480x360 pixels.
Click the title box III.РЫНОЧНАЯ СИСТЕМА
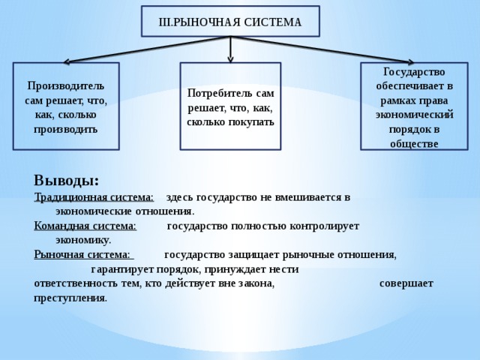(230, 21)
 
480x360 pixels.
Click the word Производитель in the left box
(66, 86)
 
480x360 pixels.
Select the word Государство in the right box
(414, 72)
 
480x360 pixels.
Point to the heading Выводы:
(67, 180)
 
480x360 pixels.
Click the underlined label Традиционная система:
(94, 197)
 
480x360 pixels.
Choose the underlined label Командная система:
(85, 226)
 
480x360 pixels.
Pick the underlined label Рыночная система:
(82, 255)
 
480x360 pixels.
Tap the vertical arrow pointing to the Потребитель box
(230, 49)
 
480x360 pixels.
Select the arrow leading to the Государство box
(322, 49)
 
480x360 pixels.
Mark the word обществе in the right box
(414, 144)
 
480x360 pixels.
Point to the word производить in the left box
(66, 130)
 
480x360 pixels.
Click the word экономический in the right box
(415, 115)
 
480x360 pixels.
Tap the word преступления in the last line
(70, 298)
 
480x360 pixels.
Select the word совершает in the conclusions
(406, 283)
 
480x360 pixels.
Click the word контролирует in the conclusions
(325, 226)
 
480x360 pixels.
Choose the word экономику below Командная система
(83, 241)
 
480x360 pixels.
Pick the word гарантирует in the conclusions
(123, 270)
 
